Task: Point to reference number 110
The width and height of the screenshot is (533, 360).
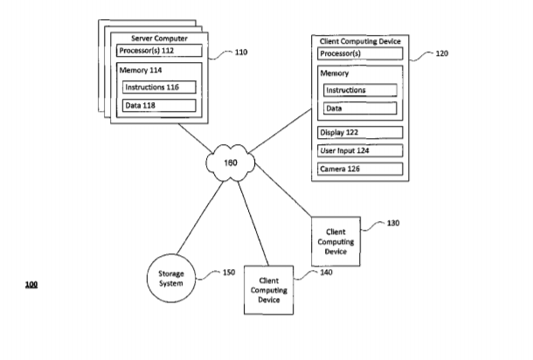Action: pos(240,52)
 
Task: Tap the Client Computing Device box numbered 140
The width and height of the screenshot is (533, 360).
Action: pos(269,290)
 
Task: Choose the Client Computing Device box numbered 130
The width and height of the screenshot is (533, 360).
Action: pos(336,240)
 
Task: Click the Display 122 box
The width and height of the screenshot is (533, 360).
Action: pos(358,132)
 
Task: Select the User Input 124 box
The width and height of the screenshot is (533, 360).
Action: pos(358,149)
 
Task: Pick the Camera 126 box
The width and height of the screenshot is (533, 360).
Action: pos(358,168)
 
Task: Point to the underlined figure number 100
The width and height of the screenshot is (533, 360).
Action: pos(31,285)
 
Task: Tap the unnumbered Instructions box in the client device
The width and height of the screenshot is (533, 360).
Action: pos(358,90)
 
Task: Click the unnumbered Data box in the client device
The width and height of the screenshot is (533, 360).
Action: pos(358,108)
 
